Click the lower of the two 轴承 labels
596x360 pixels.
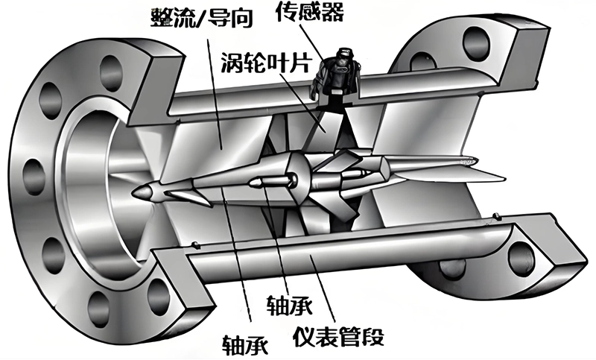[x=247, y=344]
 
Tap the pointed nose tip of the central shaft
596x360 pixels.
[x=137, y=192]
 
